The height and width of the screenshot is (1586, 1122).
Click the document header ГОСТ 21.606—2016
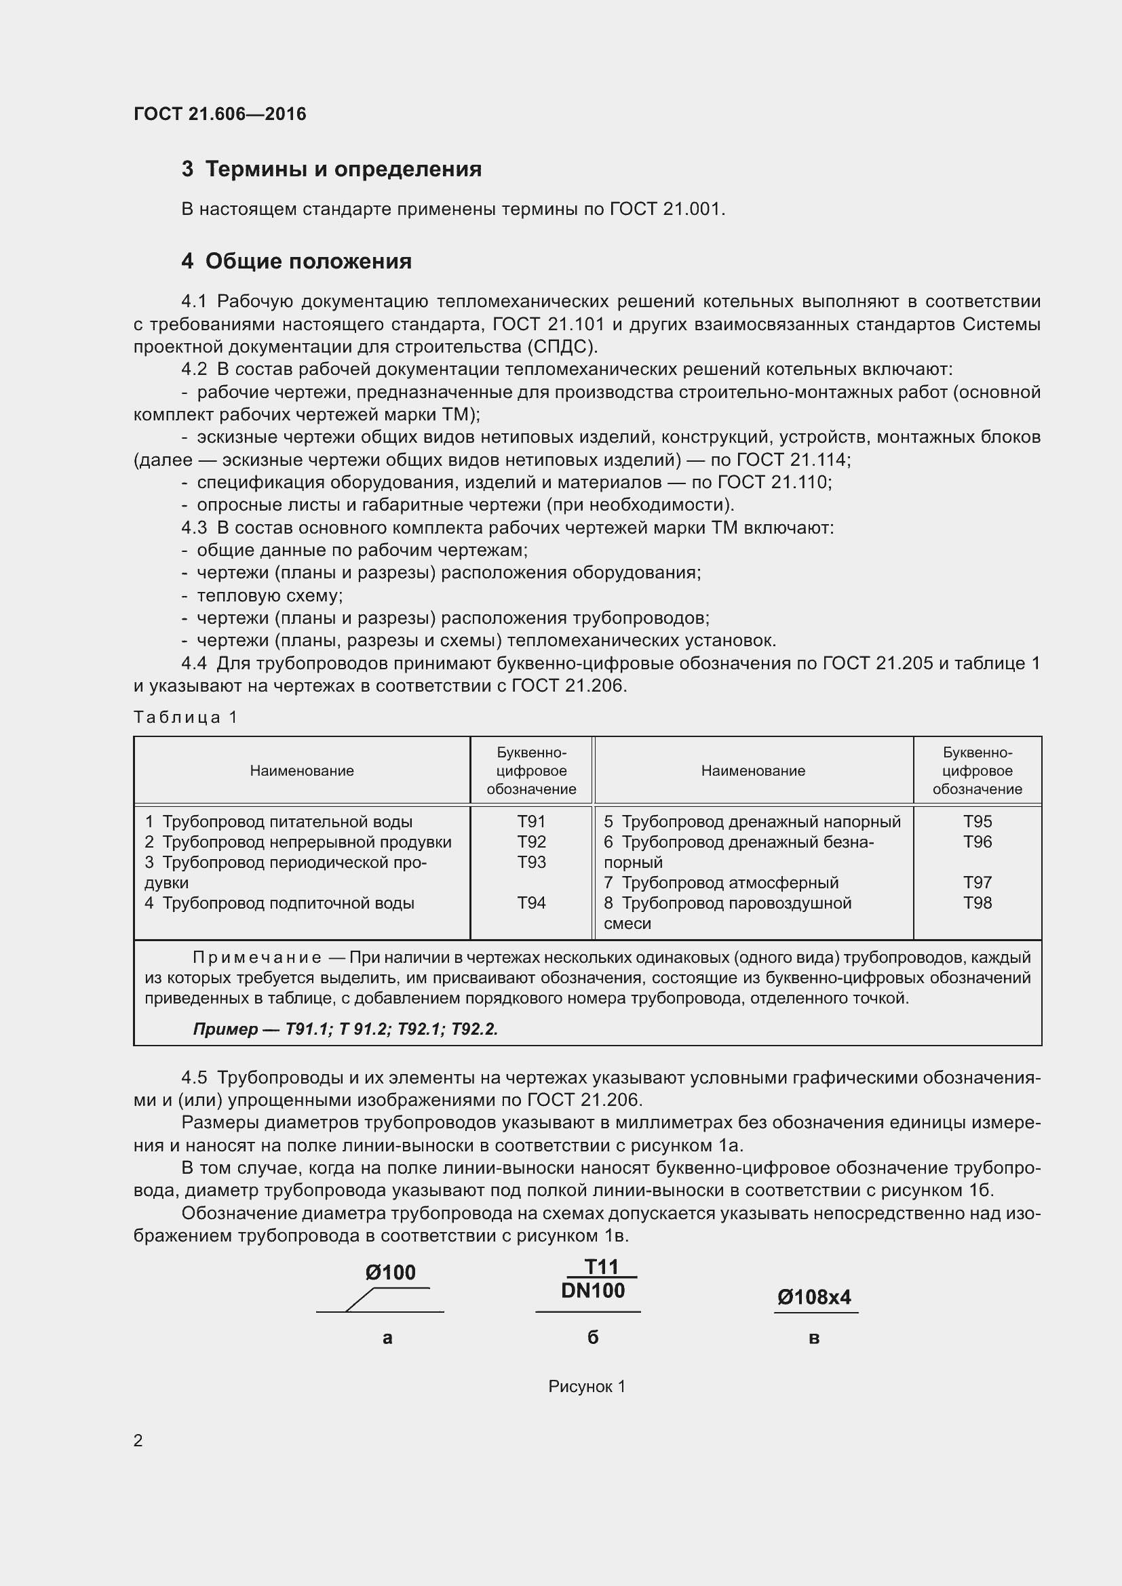coord(220,114)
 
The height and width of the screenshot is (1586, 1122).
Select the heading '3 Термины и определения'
coord(332,170)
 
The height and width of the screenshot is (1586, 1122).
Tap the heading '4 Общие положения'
coord(296,261)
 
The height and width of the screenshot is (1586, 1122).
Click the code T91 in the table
coord(531,821)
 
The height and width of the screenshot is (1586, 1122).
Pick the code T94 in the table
coord(531,903)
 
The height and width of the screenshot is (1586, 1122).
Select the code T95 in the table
coord(977,821)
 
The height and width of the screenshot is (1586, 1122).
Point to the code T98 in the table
coord(977,903)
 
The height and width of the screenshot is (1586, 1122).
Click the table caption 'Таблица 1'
coord(185,717)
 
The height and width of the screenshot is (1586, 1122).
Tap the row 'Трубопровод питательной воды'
coord(278,821)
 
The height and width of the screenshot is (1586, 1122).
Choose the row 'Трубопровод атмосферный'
coord(721,882)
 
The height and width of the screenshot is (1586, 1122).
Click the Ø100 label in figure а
coord(390,1272)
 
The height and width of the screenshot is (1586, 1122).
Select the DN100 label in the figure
coord(593,1290)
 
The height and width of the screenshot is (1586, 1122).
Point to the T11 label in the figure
coord(601,1266)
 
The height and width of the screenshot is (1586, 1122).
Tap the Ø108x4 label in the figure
coord(814,1297)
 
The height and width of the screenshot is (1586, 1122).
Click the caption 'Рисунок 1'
coord(587,1387)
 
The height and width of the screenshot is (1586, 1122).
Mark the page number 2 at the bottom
coord(138,1440)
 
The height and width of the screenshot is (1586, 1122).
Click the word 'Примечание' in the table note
coord(256,957)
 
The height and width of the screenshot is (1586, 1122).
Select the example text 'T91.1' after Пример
coord(305,1029)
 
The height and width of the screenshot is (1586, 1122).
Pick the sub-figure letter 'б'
coord(593,1337)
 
